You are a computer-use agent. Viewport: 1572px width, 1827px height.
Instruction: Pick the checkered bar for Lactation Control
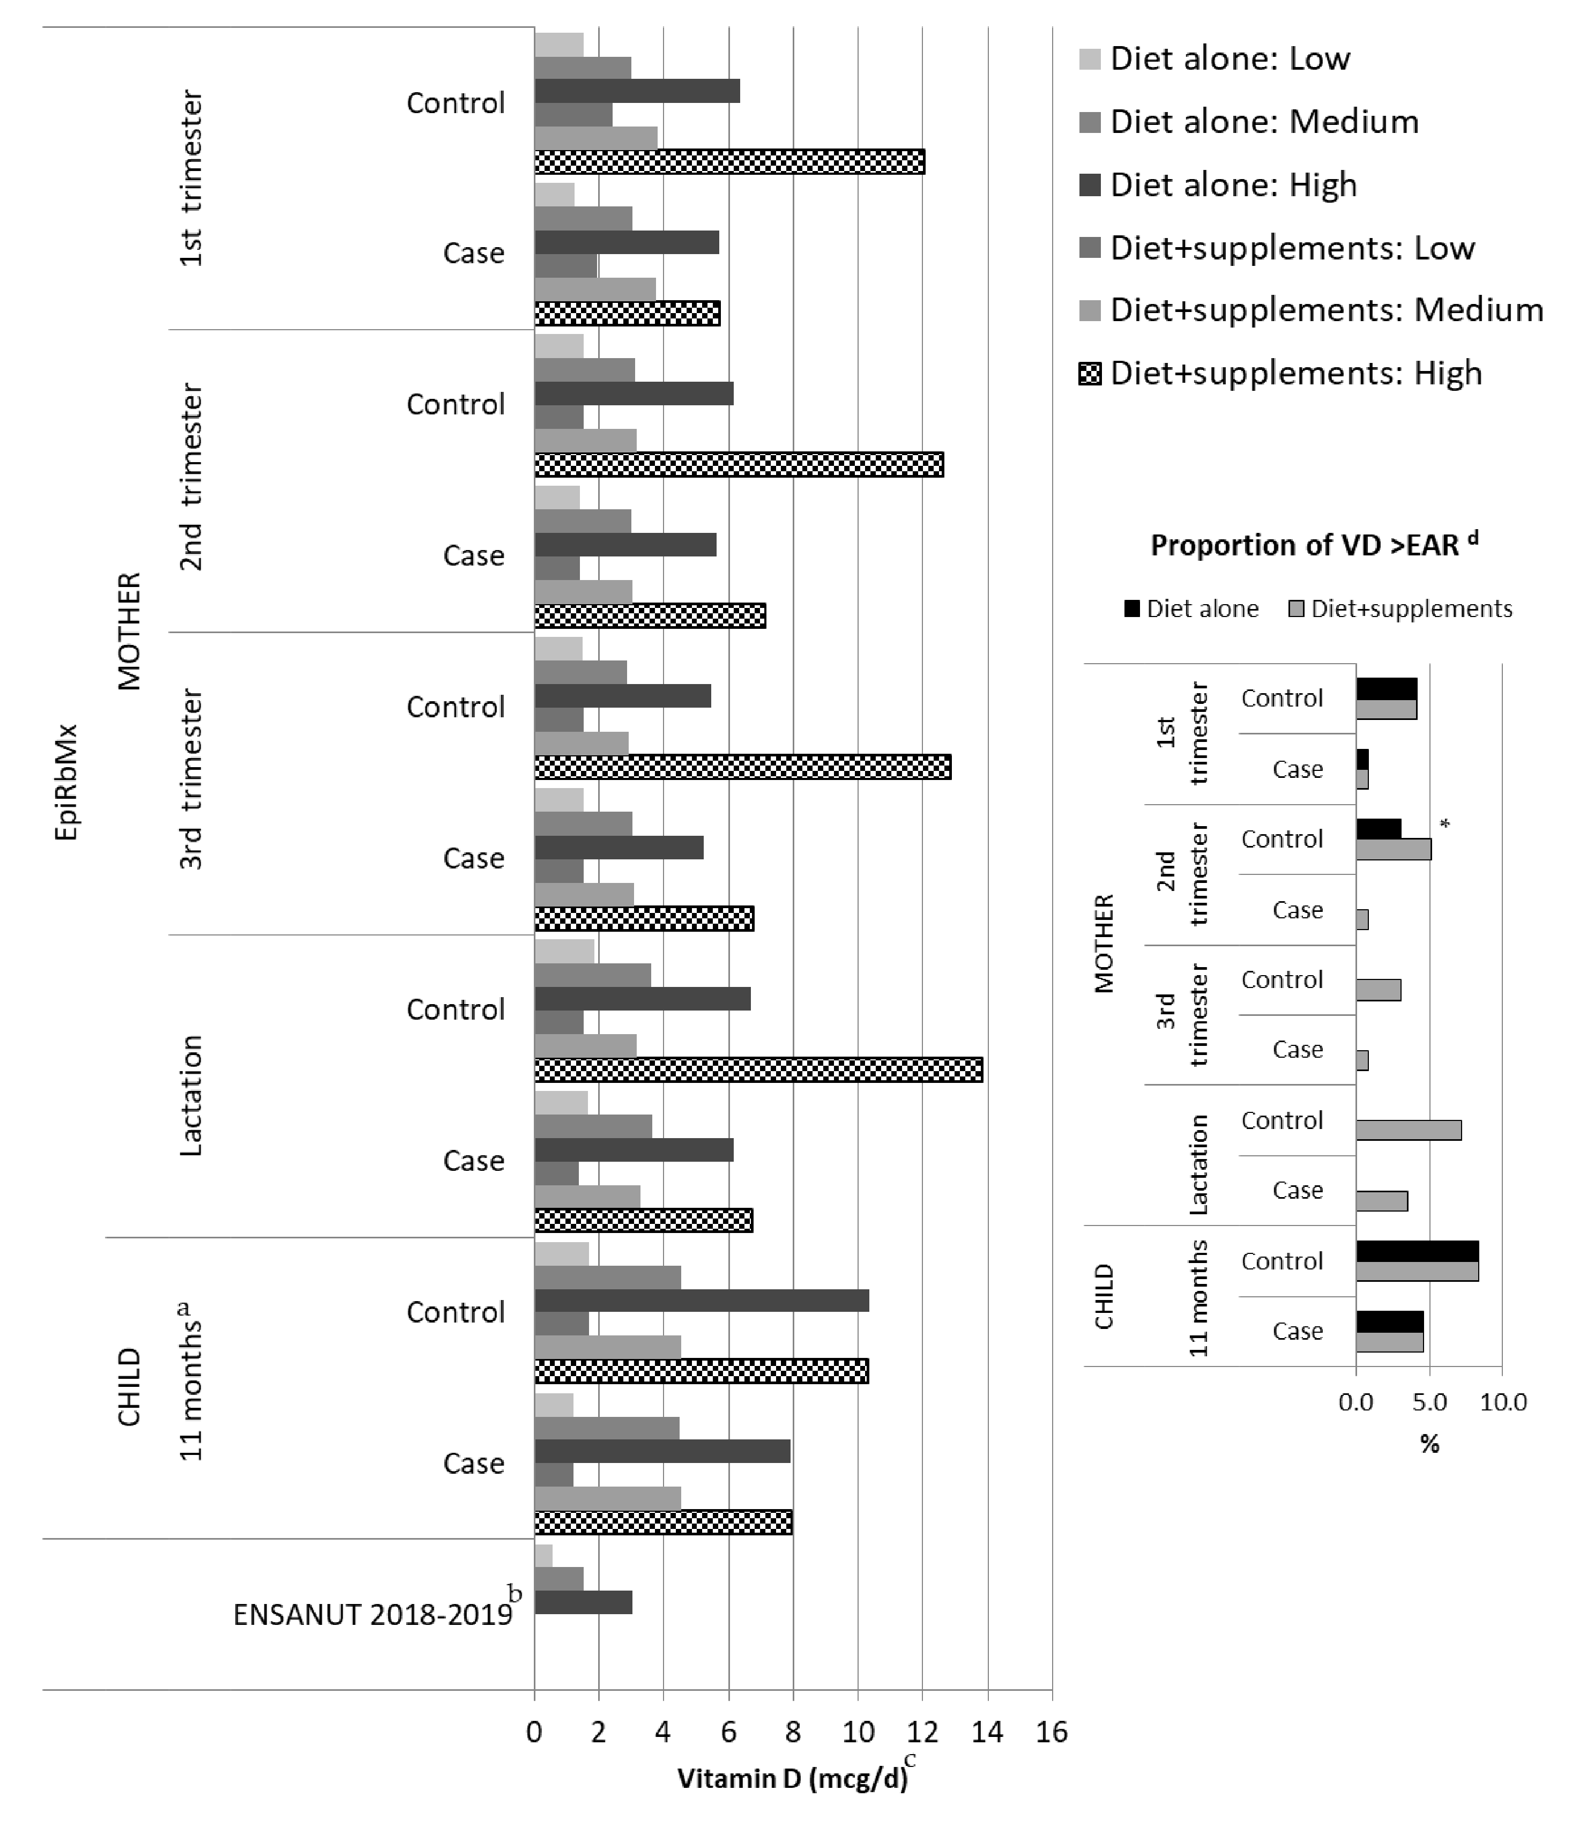(x=758, y=1070)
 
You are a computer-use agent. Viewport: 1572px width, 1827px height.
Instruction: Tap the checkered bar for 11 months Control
(x=701, y=1371)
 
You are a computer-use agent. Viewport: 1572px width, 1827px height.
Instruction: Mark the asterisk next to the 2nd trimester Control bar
(x=1444, y=825)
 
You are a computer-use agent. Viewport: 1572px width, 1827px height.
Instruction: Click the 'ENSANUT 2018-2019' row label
(x=373, y=1615)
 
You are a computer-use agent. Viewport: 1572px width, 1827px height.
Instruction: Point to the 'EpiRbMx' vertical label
(x=66, y=782)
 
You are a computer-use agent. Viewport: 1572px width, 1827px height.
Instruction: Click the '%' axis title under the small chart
(x=1429, y=1444)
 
